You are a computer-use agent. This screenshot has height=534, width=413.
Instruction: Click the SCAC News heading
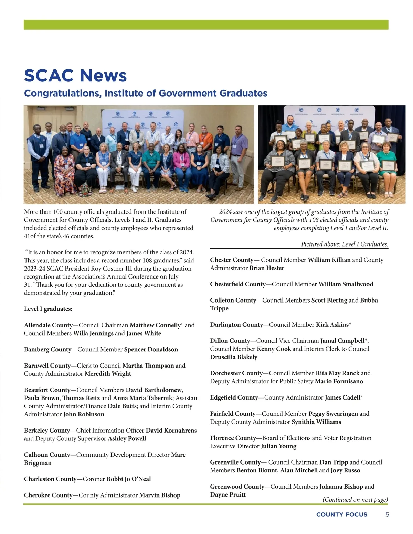click(75, 76)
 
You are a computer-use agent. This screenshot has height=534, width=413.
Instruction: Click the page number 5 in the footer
click(388, 515)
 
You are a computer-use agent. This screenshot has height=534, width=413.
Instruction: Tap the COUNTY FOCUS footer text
click(341, 515)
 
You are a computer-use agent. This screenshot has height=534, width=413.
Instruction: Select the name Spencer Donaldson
click(151, 349)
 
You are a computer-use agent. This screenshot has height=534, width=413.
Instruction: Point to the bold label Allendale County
click(48, 325)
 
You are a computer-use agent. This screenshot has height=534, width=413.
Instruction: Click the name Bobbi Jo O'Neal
click(128, 479)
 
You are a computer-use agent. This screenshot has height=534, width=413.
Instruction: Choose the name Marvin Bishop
click(160, 495)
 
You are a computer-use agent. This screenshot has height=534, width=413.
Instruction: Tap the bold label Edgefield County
click(234, 397)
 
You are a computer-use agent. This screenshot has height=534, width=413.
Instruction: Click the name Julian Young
click(278, 446)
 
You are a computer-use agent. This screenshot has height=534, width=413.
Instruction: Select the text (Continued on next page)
click(355, 500)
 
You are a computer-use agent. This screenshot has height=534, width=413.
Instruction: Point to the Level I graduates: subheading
click(48, 309)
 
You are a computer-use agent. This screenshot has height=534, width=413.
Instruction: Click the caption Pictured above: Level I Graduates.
click(345, 244)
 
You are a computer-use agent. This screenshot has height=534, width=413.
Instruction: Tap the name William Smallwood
click(346, 284)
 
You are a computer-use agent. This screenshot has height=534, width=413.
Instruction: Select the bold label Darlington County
click(236, 325)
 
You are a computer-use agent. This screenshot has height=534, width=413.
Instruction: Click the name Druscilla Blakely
click(234, 357)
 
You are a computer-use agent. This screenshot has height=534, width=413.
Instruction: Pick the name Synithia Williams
click(316, 422)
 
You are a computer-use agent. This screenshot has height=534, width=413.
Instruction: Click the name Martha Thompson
click(148, 366)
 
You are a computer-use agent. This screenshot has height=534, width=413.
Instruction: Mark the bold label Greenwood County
click(237, 487)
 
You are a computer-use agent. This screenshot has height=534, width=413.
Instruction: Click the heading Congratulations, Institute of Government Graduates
click(146, 93)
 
